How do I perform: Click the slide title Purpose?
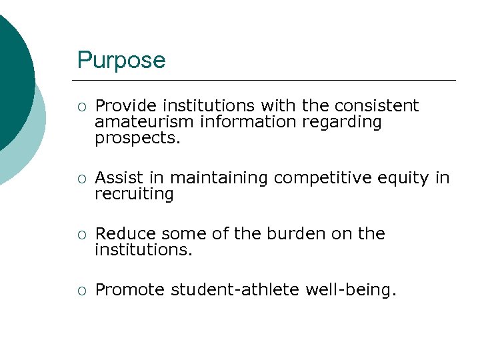coord(121,61)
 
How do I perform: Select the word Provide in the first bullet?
coord(126,106)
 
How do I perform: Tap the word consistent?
coord(377,106)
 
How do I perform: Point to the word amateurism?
coord(139,122)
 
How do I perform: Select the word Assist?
coord(117,178)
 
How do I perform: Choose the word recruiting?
coord(134,194)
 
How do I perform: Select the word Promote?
coord(130,290)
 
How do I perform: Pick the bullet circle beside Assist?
coord(81,179)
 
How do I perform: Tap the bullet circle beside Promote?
coord(81,291)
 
